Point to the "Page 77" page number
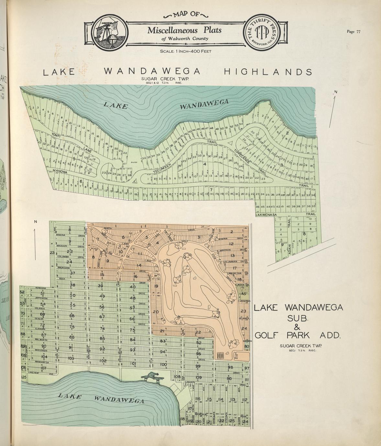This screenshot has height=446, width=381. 353,32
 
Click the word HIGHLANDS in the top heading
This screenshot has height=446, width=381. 268,72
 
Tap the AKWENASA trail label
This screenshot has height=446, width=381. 267,214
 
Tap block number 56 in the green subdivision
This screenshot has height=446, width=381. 102,307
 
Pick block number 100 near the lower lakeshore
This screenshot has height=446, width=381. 163,365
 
